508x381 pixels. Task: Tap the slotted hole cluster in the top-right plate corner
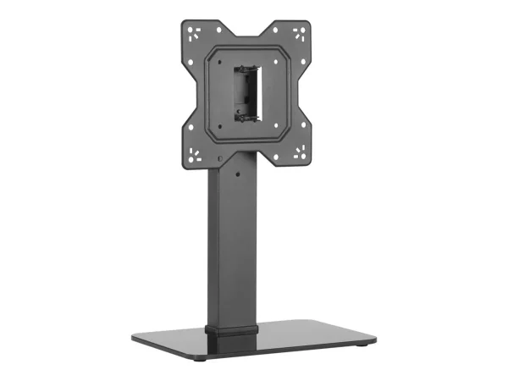[297, 36]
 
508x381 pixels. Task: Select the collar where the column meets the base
[229, 327]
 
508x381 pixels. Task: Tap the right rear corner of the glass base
[375, 323]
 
